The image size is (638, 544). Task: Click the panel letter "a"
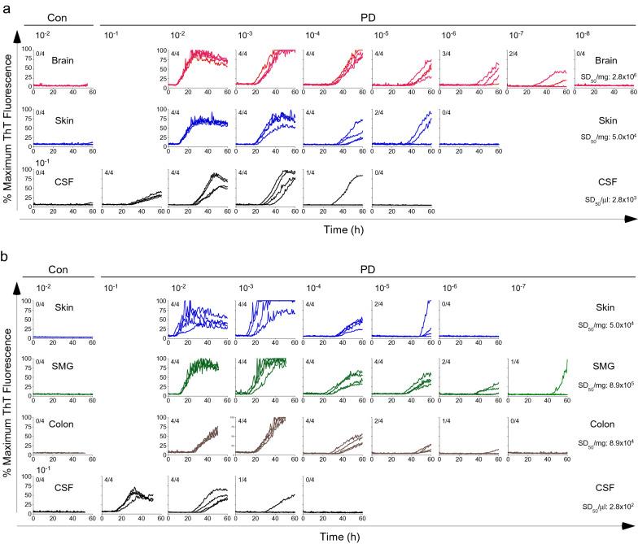[5, 7]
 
